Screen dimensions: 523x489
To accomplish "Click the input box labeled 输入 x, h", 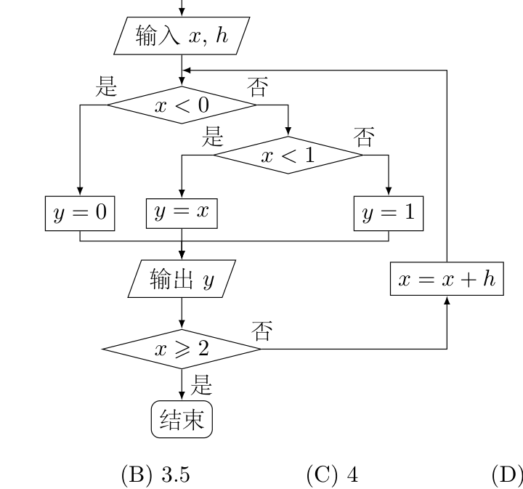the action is click(182, 36).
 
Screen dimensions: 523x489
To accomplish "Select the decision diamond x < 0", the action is click(182, 105).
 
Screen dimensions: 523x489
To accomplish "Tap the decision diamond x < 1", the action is click(288, 155).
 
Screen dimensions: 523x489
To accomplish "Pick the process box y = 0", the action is click(80, 214).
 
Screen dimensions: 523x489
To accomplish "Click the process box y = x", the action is click(182, 214).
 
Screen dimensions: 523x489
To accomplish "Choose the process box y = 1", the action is click(389, 214).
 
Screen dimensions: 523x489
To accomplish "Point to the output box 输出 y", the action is click(182, 279).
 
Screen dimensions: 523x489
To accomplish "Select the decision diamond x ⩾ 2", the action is click(182, 349).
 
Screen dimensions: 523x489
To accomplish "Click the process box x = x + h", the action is click(447, 279).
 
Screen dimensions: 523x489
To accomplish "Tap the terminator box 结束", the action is click(182, 419).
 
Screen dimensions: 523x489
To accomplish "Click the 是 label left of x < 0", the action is click(106, 86).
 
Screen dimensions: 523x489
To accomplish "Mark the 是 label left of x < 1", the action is click(212, 136).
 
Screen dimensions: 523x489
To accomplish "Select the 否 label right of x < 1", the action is click(364, 137).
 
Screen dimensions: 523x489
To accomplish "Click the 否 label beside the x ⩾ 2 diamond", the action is click(261, 331).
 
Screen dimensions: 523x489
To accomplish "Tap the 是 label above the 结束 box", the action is click(201, 384).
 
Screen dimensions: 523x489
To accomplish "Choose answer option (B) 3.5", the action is click(155, 474).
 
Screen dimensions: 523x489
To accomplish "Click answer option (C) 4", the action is click(332, 474).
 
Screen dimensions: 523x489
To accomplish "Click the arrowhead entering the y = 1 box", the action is click(389, 192).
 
